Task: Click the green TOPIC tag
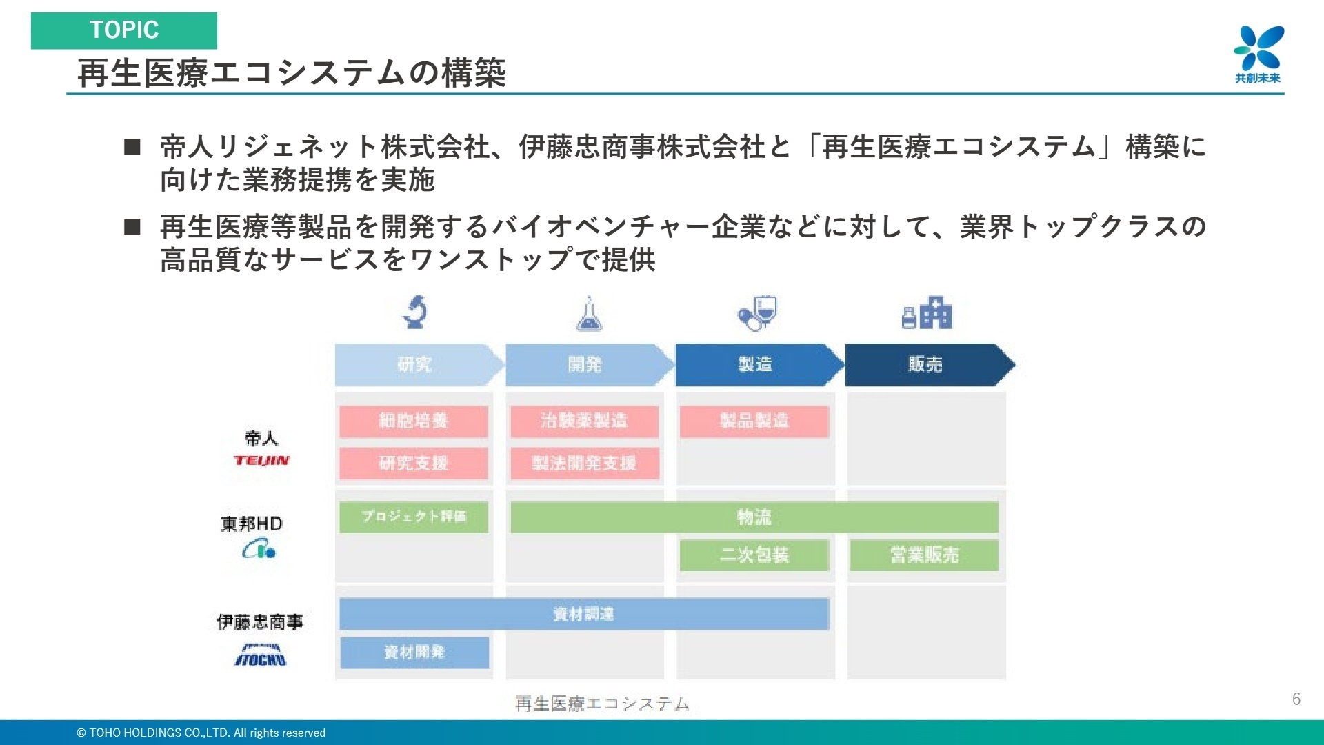(124, 30)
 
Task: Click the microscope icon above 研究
(414, 312)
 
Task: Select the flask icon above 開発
(588, 314)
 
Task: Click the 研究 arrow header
(414, 364)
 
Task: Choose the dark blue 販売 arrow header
(925, 364)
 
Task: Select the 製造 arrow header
(755, 364)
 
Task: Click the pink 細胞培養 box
(413, 421)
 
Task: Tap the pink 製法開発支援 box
(584, 463)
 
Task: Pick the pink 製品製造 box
(754, 421)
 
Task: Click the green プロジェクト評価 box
(413, 517)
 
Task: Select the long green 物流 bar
(754, 517)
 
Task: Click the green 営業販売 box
(924, 555)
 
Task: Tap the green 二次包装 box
(754, 555)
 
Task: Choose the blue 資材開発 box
(414, 652)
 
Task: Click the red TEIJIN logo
(261, 460)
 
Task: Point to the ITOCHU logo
(261, 655)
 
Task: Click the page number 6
(1296, 699)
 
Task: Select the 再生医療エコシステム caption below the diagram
(602, 703)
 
